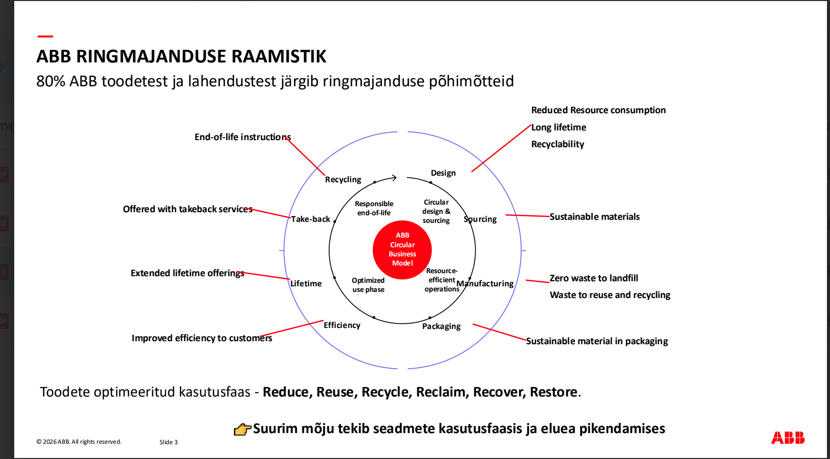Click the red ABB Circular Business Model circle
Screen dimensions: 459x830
[x=402, y=249]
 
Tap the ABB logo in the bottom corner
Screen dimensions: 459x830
[x=787, y=438]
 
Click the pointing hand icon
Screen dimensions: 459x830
[x=242, y=430]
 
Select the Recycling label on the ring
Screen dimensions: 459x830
[x=343, y=179]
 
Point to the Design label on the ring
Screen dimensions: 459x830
[x=443, y=173]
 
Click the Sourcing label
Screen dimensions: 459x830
[x=480, y=219]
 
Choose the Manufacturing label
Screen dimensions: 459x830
[x=485, y=283]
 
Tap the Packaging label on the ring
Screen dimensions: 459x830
[x=441, y=326]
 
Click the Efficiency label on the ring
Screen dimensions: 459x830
[x=342, y=325]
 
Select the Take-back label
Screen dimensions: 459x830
[x=310, y=219]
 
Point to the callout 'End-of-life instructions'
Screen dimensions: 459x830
[x=242, y=137]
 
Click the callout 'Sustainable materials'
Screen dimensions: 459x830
[x=594, y=217]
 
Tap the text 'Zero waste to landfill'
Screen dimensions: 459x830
[x=594, y=278]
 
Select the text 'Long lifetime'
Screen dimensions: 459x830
[x=559, y=127]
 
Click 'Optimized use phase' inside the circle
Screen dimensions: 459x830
[x=368, y=285]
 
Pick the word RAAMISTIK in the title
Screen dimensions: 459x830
[x=278, y=56]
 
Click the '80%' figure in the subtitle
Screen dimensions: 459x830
[x=51, y=81]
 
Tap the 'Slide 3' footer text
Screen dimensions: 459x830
[x=169, y=442]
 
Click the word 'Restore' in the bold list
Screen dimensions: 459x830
[x=553, y=392]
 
